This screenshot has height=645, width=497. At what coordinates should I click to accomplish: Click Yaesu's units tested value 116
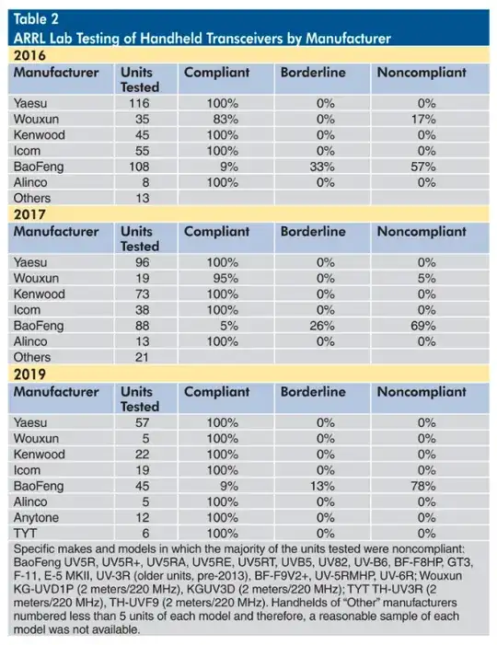click(142, 103)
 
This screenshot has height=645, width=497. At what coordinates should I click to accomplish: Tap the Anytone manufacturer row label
click(37, 517)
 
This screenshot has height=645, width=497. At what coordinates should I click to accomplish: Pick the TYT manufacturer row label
click(26, 533)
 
